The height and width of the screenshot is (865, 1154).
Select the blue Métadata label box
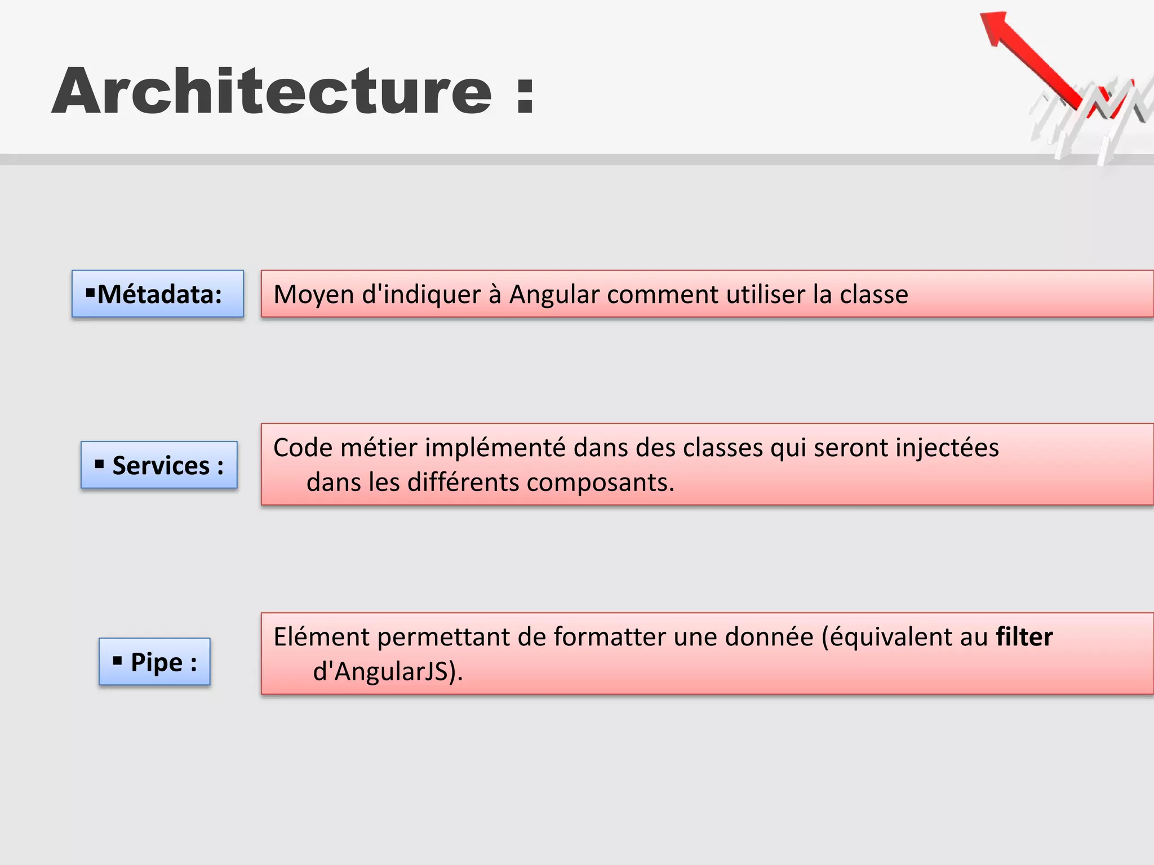click(158, 294)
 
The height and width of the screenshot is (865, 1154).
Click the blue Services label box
click(159, 465)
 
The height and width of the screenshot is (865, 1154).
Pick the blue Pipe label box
click(154, 662)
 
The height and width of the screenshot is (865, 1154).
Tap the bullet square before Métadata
click(90, 292)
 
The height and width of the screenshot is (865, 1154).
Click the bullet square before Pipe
click(117, 661)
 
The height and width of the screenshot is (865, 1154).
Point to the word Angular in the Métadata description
click(554, 295)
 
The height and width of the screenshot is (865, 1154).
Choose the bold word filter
click(1024, 637)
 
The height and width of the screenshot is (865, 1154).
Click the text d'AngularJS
click(388, 672)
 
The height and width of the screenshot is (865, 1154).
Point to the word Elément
click(321, 637)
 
